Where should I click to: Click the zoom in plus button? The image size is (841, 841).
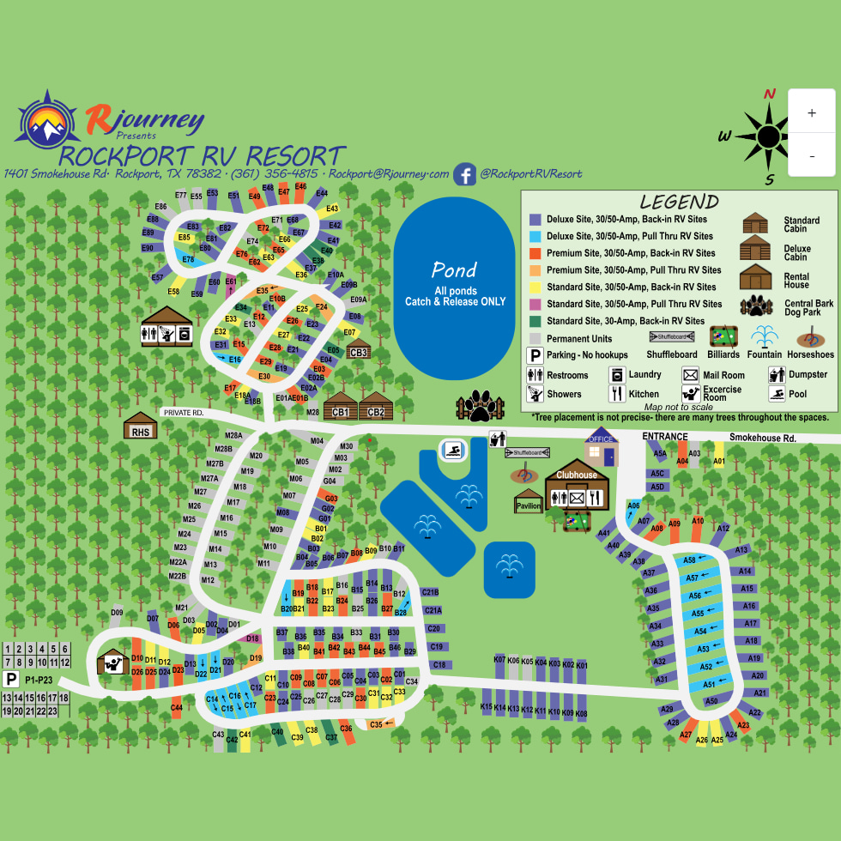tap(811, 112)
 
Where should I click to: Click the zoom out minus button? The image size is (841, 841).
tap(811, 156)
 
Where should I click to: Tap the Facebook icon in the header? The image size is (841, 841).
tap(465, 174)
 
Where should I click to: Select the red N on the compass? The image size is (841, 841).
tap(770, 94)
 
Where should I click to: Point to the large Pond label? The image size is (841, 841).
tap(454, 270)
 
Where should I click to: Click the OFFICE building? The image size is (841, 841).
tap(601, 447)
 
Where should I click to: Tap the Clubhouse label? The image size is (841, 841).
tap(576, 475)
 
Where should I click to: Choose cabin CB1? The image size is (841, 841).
tap(340, 407)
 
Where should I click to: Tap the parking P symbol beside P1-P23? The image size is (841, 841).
tap(11, 680)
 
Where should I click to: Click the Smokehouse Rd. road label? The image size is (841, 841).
tap(763, 439)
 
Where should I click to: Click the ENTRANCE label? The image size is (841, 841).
tap(665, 437)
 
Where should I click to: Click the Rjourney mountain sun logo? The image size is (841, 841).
tap(48, 122)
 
